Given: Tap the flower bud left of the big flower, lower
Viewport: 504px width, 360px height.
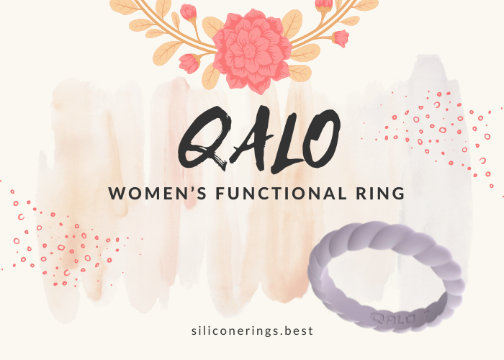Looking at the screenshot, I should [x=189, y=63].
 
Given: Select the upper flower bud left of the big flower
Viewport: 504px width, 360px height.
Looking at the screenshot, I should [x=189, y=12].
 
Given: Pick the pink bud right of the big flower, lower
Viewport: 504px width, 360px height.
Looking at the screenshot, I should [x=340, y=38].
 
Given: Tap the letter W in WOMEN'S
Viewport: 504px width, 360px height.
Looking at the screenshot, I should [x=116, y=193].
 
